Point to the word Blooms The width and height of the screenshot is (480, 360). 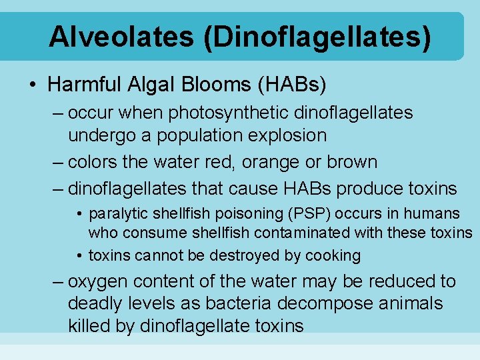[214, 85]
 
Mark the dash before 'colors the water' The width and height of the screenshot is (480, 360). [57, 162]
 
